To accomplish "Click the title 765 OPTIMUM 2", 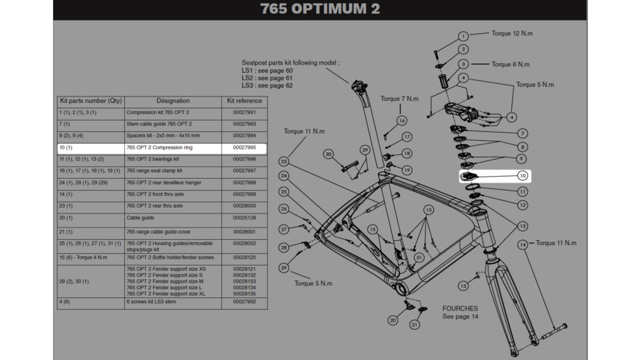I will (320, 10).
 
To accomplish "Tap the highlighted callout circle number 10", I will (522, 176).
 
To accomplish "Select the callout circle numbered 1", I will (463, 36).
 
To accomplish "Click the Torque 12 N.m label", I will (512, 33).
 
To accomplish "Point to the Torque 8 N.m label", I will (511, 64).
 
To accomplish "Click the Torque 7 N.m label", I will (399, 99).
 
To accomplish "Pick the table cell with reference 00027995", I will (244, 148).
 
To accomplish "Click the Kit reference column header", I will (244, 101).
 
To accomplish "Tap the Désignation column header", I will (173, 101).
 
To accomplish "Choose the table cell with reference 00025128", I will (244, 218).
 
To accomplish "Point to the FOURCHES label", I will (460, 308).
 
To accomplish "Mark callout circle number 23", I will (283, 161).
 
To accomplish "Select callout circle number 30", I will (328, 155).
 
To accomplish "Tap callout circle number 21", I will (414, 325).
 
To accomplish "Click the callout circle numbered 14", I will (522, 244).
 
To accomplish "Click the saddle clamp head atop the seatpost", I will (360, 86).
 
